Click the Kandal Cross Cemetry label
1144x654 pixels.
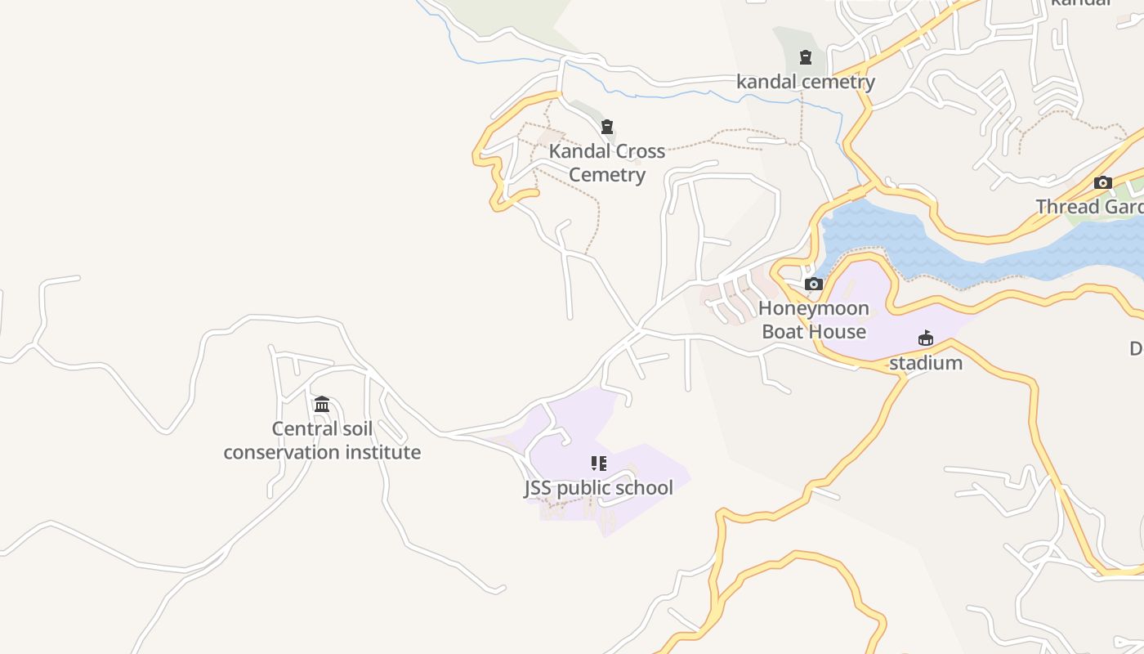click(606, 163)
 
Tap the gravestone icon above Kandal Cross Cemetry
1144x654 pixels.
click(607, 127)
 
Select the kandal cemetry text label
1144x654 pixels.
click(806, 82)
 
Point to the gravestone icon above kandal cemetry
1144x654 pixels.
click(806, 57)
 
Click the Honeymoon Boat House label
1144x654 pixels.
click(814, 320)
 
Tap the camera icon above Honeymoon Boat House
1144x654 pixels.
click(814, 284)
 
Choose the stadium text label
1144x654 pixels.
click(926, 363)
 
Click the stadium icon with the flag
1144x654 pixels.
click(925, 338)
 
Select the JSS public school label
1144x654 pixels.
click(598, 488)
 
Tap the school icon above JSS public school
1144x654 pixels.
click(599, 464)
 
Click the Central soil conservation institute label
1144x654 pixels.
click(322, 441)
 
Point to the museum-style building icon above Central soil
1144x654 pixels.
click(322, 404)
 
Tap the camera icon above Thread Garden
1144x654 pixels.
click(1103, 182)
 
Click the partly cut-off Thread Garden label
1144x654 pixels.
click(1090, 207)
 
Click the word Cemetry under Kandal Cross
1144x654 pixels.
click(607, 175)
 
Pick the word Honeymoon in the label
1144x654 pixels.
click(814, 308)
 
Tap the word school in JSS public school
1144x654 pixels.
click(646, 488)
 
